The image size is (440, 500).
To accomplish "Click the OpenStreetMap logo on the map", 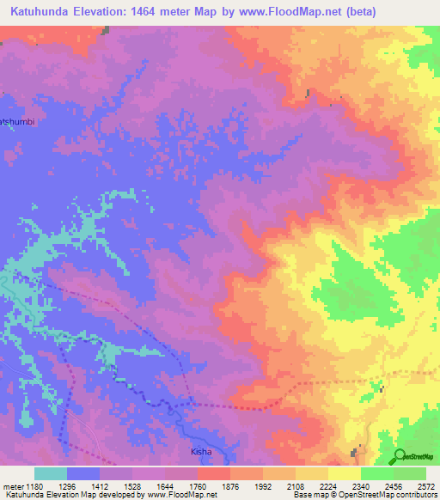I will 415,455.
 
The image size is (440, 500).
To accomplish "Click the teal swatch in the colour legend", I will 51,473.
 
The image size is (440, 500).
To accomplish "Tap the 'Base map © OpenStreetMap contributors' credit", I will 364,495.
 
